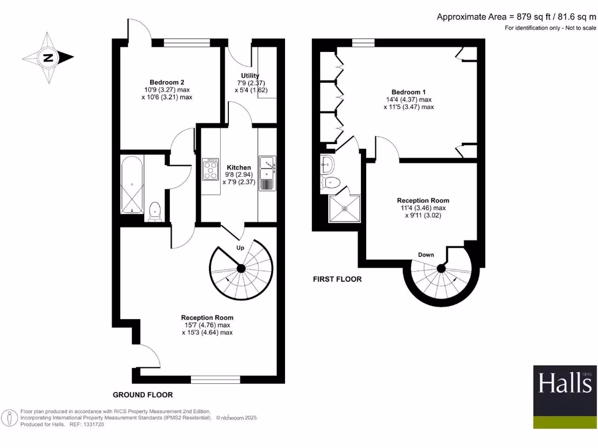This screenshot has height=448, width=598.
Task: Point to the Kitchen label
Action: tap(239, 167)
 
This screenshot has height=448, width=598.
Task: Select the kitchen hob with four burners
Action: tap(210, 169)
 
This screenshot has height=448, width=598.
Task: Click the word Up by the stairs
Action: tap(240, 247)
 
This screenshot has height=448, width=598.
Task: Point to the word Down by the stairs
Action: tap(426, 254)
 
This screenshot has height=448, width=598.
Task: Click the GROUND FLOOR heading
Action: tap(142, 395)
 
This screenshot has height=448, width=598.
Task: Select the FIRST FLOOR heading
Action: tap(337, 279)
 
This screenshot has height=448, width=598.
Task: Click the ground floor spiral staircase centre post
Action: tap(241, 268)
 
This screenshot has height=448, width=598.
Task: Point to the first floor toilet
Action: tap(331, 183)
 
